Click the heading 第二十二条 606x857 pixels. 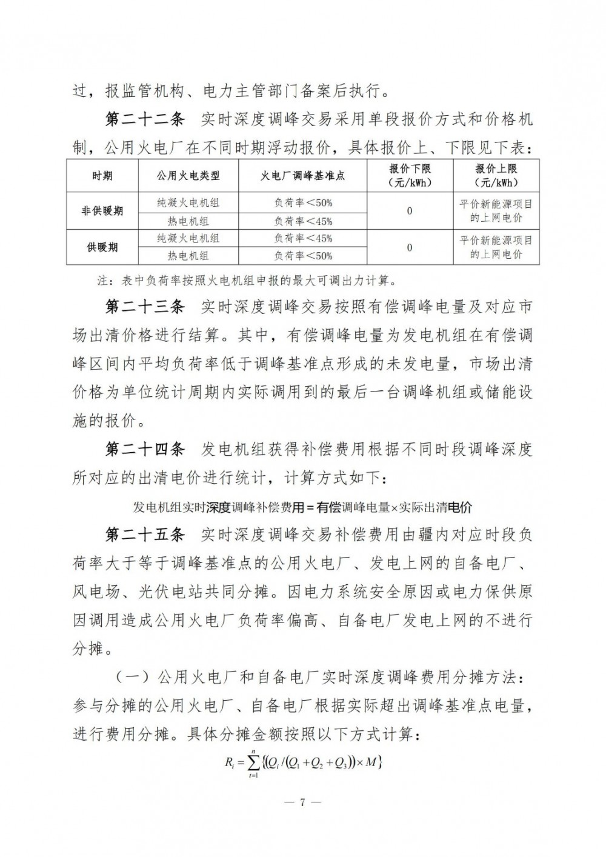144,119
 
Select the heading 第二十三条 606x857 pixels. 144,307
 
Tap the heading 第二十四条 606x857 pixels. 144,450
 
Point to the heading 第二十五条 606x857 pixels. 144,535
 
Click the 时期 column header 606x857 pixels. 102,176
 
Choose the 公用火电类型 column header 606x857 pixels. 188,176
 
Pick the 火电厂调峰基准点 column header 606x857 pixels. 303,176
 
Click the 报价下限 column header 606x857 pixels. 410,176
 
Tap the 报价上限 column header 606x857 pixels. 496,176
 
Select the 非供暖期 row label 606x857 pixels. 102,211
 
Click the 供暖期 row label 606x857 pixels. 102,247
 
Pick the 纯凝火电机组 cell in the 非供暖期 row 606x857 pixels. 188,203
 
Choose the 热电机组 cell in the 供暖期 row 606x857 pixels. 188,256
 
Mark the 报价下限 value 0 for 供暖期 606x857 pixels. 410,247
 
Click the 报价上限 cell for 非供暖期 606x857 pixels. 496,211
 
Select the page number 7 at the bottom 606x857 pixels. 303,802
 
